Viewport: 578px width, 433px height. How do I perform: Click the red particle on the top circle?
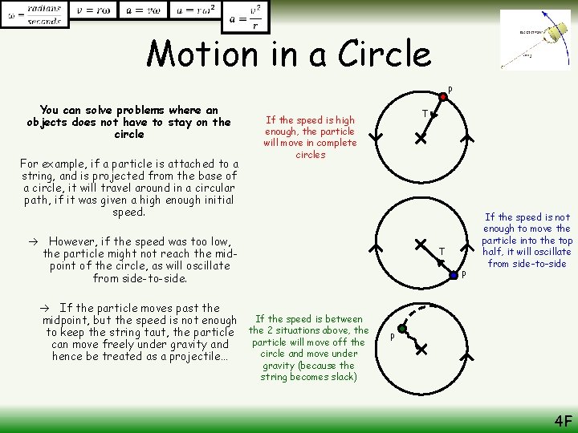click(x=442, y=98)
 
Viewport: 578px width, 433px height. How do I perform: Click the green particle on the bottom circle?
click(x=402, y=329)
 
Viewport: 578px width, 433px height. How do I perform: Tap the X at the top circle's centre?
click(x=420, y=138)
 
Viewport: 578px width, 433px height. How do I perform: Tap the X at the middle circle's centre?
click(x=420, y=242)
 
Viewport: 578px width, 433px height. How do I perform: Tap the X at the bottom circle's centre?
click(x=420, y=350)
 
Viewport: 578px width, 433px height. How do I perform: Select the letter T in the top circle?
click(x=425, y=114)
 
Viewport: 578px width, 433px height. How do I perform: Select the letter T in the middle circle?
click(x=442, y=252)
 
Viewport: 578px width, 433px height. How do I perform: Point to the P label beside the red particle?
click(x=450, y=89)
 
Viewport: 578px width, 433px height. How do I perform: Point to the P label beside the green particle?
click(x=393, y=336)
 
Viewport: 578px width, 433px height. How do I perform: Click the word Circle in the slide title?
click(x=383, y=55)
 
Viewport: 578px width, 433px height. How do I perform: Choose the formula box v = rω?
click(x=92, y=10)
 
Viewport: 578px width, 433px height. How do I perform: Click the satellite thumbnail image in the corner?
click(x=535, y=39)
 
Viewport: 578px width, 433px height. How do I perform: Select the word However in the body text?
click(x=72, y=241)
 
